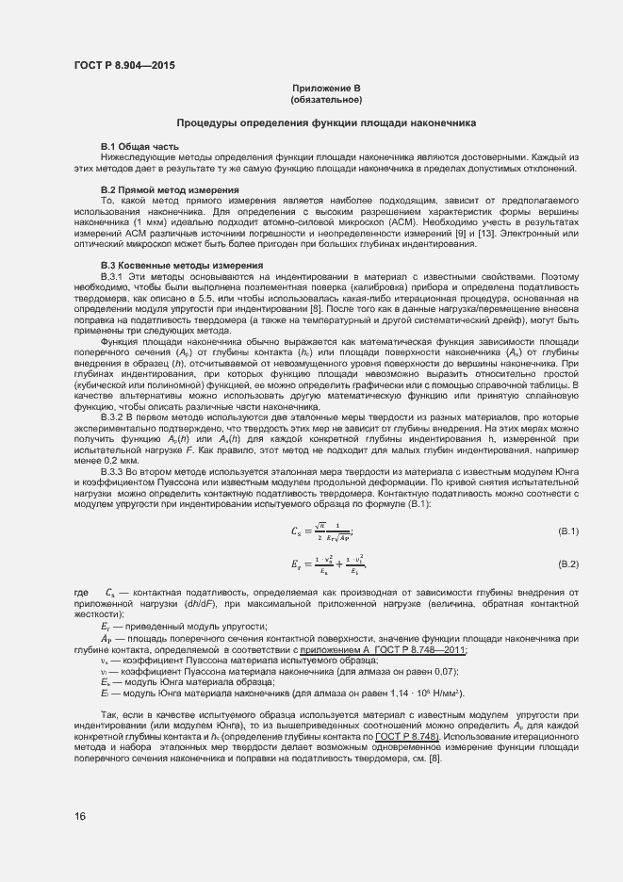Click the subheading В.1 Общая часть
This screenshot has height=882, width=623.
point(139,146)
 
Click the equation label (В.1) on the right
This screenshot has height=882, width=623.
point(567,532)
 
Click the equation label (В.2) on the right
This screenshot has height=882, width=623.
point(567,563)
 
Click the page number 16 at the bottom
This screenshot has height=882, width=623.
point(79,815)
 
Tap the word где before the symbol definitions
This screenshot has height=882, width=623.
point(80,592)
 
